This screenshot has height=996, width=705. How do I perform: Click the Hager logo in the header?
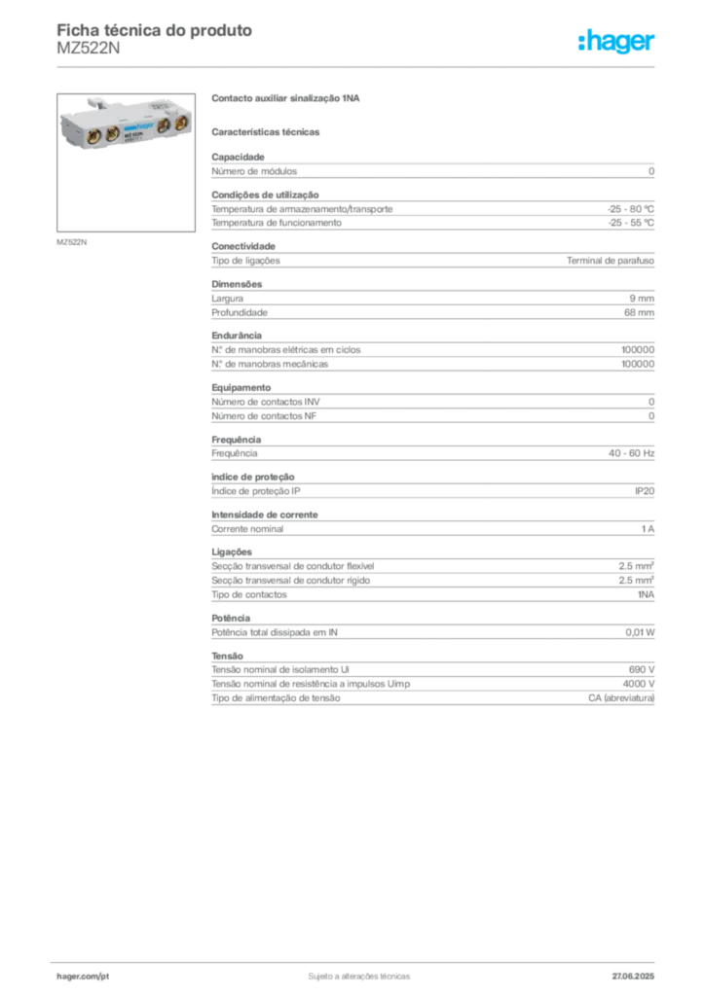(x=615, y=42)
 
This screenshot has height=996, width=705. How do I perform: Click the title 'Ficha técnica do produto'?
(x=155, y=30)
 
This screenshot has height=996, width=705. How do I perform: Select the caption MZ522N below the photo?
(x=71, y=242)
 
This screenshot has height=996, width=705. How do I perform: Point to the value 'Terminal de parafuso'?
(x=611, y=261)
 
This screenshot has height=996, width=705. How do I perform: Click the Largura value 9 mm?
(x=642, y=299)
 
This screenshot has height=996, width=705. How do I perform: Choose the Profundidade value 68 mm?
(x=639, y=312)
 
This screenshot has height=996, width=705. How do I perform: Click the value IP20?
(x=644, y=491)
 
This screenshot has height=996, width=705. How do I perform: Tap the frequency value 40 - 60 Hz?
(x=631, y=453)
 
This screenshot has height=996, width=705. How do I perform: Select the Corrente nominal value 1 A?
(x=648, y=528)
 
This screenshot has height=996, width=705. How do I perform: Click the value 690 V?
(x=642, y=669)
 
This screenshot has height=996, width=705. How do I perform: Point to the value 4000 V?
(x=638, y=684)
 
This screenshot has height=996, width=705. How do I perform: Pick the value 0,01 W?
(x=640, y=632)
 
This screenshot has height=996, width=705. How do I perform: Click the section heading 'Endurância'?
(x=237, y=336)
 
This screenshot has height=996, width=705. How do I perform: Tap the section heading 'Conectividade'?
(x=243, y=246)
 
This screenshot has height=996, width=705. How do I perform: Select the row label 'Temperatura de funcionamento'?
(x=277, y=223)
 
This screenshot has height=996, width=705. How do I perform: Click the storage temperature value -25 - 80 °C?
(x=631, y=209)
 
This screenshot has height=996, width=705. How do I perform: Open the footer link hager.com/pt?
(x=83, y=977)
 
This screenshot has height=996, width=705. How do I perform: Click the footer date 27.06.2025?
(x=633, y=977)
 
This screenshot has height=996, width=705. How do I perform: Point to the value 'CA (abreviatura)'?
(x=621, y=698)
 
